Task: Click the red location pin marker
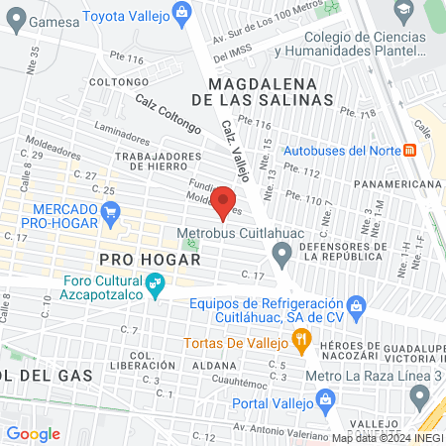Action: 224,202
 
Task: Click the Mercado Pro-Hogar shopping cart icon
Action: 111,211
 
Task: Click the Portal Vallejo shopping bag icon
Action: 325,402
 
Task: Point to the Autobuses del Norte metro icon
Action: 408,151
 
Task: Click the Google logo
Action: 33,433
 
